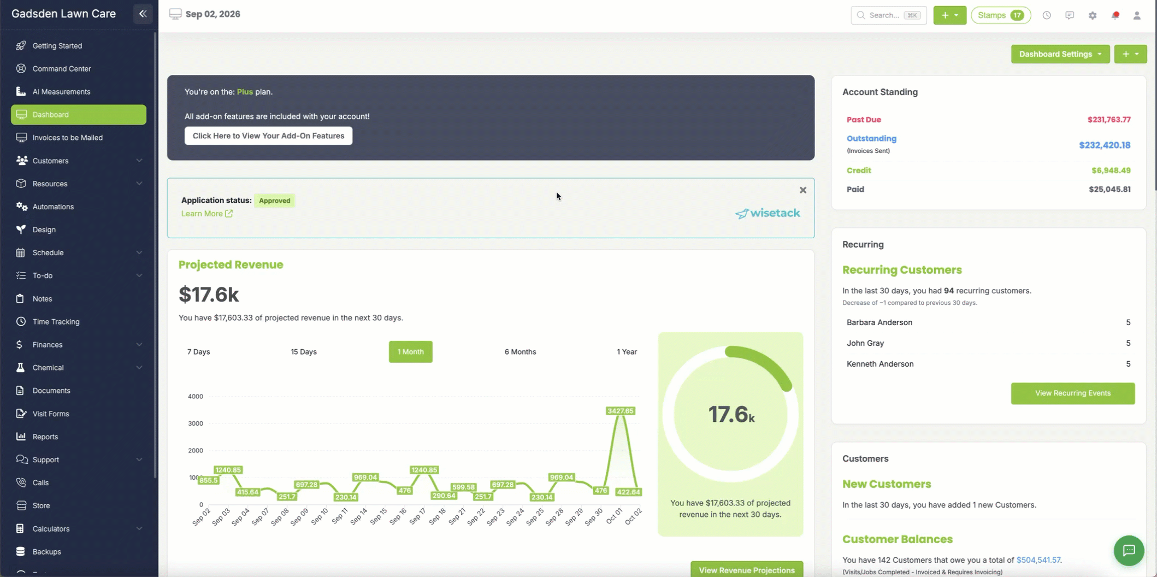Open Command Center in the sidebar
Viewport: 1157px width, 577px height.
pos(62,69)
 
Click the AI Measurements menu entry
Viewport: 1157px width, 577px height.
pos(61,92)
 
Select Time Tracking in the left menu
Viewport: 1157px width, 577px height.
pos(56,322)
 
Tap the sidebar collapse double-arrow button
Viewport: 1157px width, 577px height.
pos(143,14)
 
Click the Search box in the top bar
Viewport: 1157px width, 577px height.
pos(889,15)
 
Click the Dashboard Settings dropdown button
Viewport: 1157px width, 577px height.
pos(1060,54)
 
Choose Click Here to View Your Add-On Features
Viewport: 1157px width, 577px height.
pos(268,136)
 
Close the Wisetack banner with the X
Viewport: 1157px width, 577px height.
pos(803,190)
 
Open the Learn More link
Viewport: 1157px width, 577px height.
pos(207,214)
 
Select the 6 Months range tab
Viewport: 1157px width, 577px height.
pos(520,352)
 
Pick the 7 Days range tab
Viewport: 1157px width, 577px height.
pos(198,352)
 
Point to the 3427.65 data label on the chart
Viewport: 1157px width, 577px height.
pos(620,411)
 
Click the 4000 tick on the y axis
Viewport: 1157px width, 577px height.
pos(196,397)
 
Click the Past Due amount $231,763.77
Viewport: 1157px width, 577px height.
pos(1109,120)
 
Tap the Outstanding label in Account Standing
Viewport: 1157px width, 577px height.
pos(871,139)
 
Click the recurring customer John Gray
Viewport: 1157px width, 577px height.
pos(865,343)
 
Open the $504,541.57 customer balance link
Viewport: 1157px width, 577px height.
pos(1038,560)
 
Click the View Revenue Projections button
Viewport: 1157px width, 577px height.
pos(747,570)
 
